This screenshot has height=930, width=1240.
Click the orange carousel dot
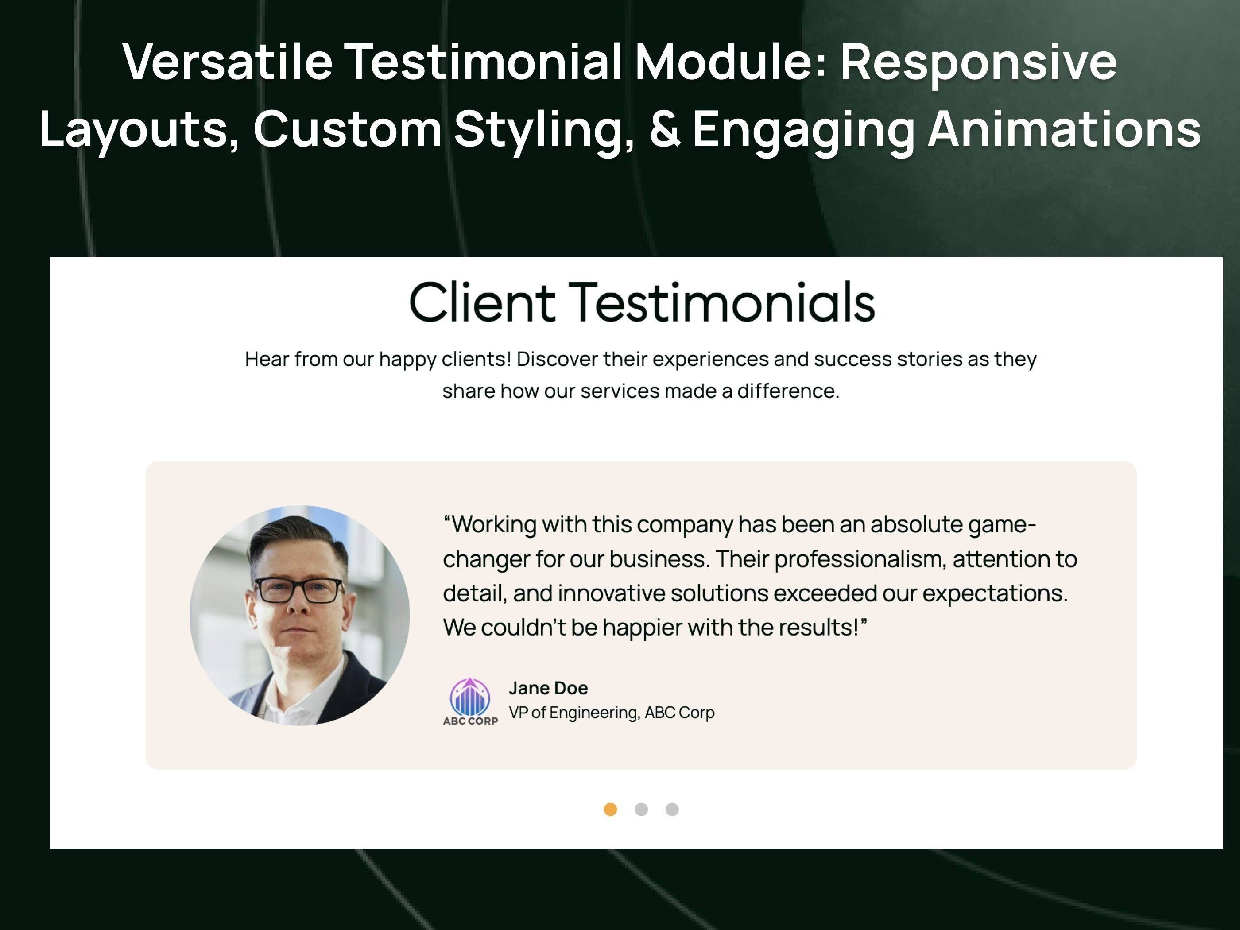(610, 810)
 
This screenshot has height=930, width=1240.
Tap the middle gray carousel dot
(641, 810)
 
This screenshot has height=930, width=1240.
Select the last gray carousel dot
(672, 810)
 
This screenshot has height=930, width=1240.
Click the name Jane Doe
(548, 688)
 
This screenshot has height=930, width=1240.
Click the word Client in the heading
(482, 303)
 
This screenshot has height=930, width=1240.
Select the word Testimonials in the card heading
(722, 303)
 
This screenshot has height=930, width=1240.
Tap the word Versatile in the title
(228, 62)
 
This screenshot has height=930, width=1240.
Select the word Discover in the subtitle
(557, 359)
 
